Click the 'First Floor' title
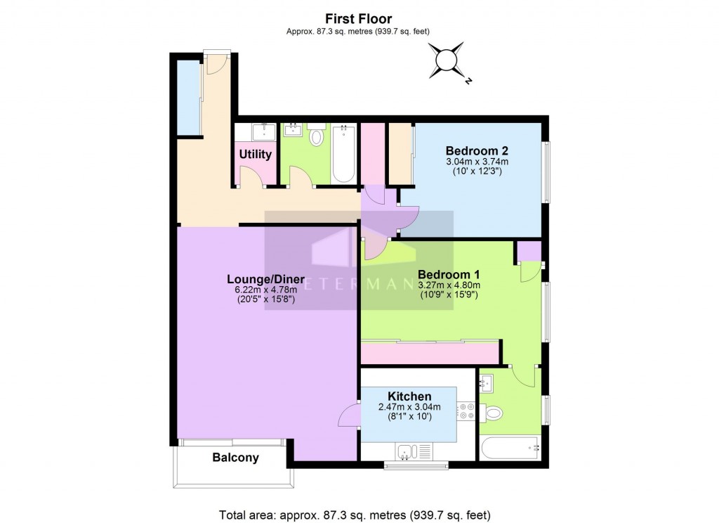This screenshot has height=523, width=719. [358, 19]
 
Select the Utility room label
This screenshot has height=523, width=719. [256, 154]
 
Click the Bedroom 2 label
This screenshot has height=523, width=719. [477, 150]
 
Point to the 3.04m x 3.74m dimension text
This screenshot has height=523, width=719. [477, 162]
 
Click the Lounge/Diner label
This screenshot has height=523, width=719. [266, 278]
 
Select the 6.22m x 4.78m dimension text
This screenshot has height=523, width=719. [266, 289]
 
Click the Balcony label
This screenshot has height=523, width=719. [235, 458]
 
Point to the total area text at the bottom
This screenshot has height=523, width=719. [355, 515]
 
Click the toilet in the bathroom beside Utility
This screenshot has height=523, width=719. [316, 135]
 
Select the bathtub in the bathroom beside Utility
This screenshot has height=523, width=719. [343, 154]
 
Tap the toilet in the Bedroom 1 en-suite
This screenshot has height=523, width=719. [494, 413]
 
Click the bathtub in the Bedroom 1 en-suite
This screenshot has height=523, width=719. [510, 446]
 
